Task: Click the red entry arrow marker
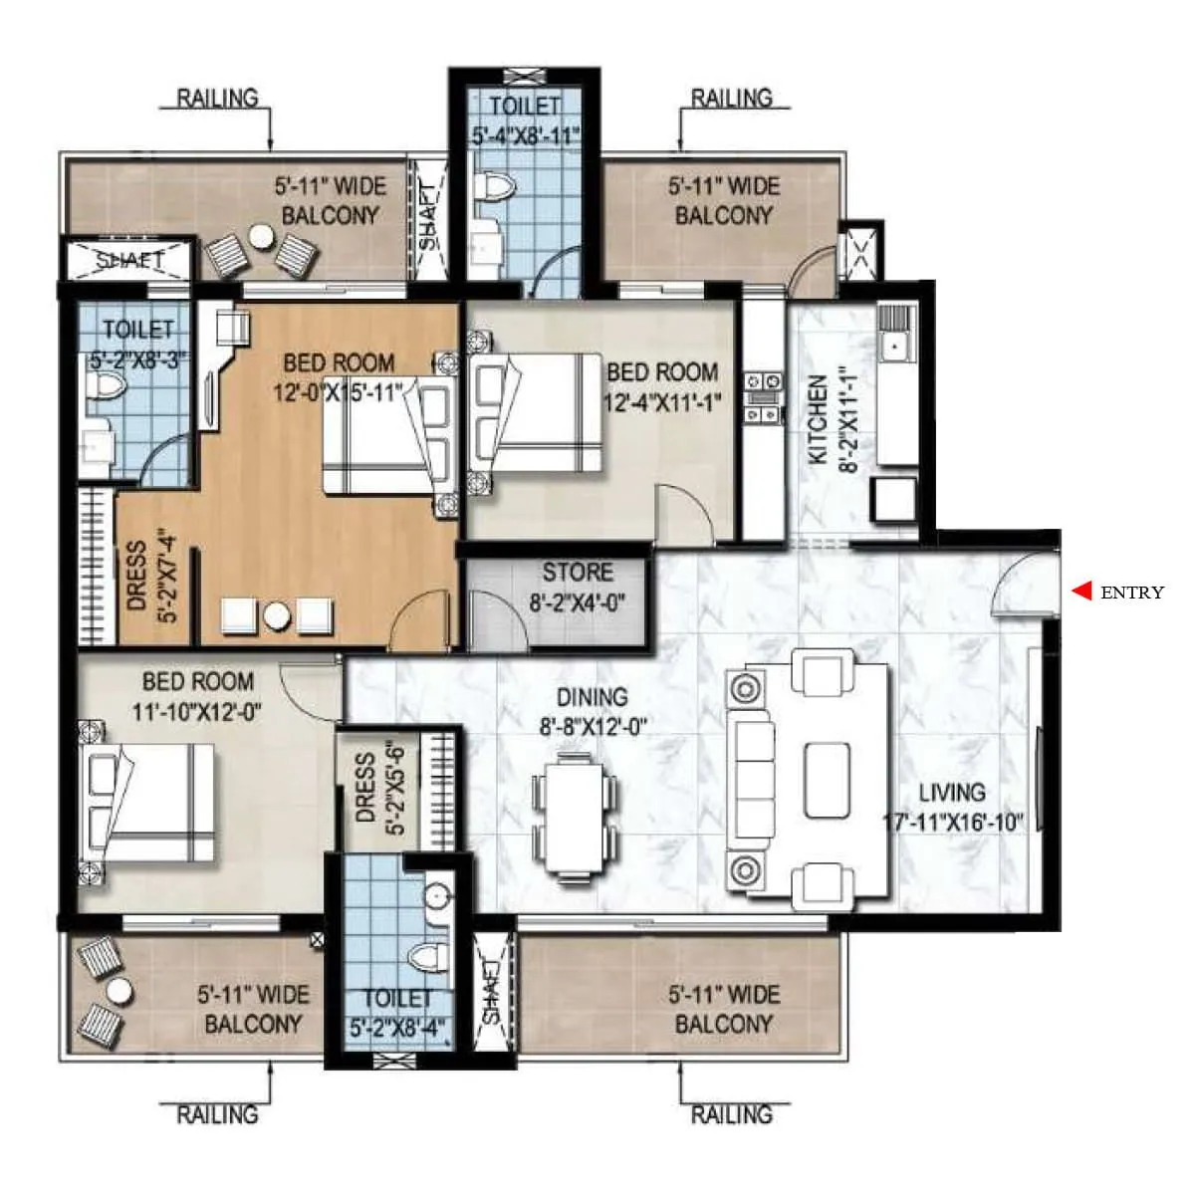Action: [x=1080, y=591]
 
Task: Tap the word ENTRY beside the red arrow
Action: [x=1131, y=593]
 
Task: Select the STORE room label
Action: [x=578, y=573]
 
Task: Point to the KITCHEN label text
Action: [x=818, y=419]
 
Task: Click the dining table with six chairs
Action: [x=573, y=816]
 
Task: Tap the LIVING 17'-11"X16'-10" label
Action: [x=955, y=807]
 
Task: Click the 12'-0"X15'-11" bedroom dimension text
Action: [x=337, y=392]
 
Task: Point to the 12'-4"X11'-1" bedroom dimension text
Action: [x=662, y=401]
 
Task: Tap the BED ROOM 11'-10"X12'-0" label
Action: [x=197, y=696]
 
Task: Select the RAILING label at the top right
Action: [x=732, y=98]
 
